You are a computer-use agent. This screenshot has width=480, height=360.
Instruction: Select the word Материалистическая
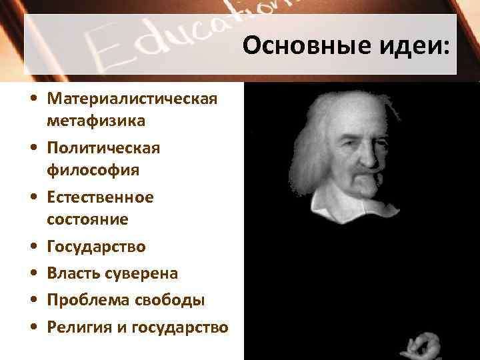pyautogui.click(x=132, y=99)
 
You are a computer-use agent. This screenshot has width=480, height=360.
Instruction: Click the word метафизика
pyautogui.click(x=96, y=121)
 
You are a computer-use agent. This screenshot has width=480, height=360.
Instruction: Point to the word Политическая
pyautogui.click(x=103, y=147)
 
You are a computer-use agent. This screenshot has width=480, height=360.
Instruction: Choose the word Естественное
pyautogui.click(x=100, y=197)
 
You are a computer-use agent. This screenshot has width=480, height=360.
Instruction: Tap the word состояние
pyautogui.click(x=87, y=219)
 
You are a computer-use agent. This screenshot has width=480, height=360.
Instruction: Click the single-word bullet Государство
pyautogui.click(x=96, y=247)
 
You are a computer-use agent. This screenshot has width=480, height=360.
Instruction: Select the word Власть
pyautogui.click(x=73, y=274)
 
